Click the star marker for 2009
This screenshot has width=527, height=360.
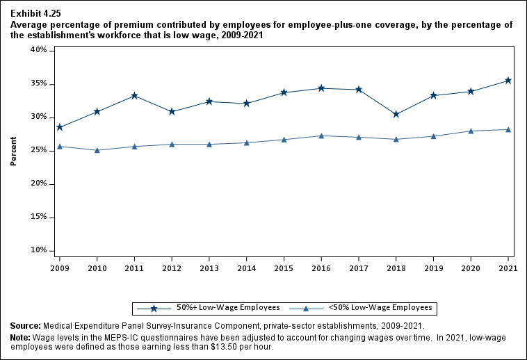tap(59, 127)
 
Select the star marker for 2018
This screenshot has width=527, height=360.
tap(396, 114)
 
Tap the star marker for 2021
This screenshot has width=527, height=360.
tap(508, 81)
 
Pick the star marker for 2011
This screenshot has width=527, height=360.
tap(134, 95)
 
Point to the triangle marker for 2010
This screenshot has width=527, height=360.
tap(97, 150)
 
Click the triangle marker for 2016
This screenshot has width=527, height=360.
tap(321, 136)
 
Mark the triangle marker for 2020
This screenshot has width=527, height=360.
tap(471, 131)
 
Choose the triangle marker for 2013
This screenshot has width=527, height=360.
tap(209, 144)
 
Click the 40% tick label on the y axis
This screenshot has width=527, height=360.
tap(38, 50)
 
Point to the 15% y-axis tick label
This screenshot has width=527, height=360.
tap(38, 217)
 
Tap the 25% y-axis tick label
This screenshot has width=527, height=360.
tap(38, 150)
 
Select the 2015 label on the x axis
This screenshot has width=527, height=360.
tap(284, 268)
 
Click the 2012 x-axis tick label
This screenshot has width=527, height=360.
tap(171, 268)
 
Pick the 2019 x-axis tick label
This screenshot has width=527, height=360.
tap(433, 268)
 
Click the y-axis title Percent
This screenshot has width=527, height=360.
tap(13, 150)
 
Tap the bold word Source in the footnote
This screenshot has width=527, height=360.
tap(24, 325)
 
